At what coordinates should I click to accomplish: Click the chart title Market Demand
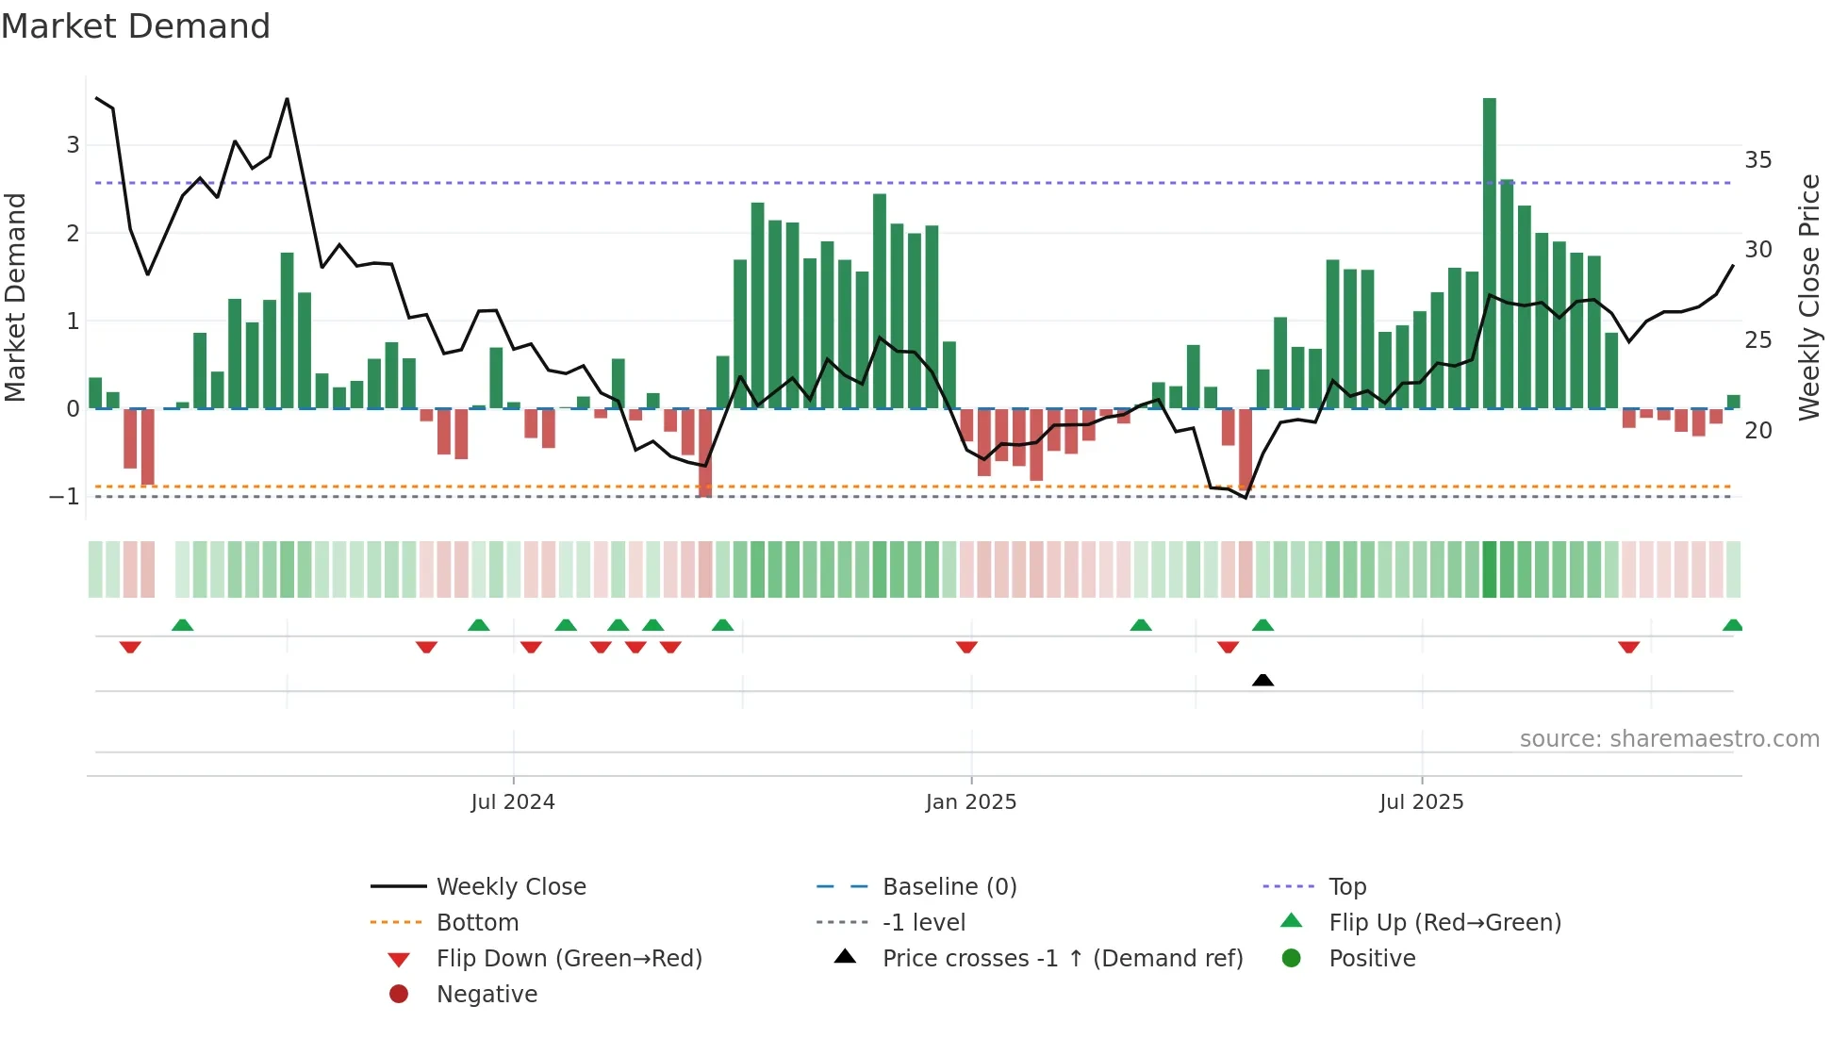pyautogui.click(x=136, y=26)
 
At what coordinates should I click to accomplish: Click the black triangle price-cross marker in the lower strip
pyautogui.click(x=1262, y=680)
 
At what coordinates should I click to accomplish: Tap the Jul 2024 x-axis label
pyautogui.click(x=513, y=802)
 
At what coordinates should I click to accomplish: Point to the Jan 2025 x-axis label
pyautogui.click(x=971, y=802)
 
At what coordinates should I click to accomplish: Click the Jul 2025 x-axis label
pyautogui.click(x=1421, y=802)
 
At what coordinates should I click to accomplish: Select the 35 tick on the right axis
pyautogui.click(x=1757, y=160)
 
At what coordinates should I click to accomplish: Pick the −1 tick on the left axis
pyautogui.click(x=64, y=497)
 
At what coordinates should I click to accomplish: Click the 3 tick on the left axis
pyautogui.click(x=73, y=145)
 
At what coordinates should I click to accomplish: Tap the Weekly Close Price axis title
pyautogui.click(x=1808, y=297)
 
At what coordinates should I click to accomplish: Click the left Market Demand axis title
pyautogui.click(x=16, y=297)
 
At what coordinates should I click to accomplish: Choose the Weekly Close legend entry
pyautogui.click(x=510, y=887)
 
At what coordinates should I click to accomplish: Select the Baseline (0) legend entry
pyautogui.click(x=949, y=887)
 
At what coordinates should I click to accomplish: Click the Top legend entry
pyautogui.click(x=1346, y=887)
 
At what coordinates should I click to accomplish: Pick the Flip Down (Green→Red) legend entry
pyautogui.click(x=569, y=959)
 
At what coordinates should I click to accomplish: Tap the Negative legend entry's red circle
pyautogui.click(x=399, y=995)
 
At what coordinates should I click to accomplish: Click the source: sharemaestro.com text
pyautogui.click(x=1669, y=739)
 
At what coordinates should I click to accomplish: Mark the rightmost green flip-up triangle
pyautogui.click(x=1732, y=625)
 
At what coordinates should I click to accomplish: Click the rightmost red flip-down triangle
pyautogui.click(x=1628, y=647)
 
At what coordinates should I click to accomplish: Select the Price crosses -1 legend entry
pyautogui.click(x=1062, y=959)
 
